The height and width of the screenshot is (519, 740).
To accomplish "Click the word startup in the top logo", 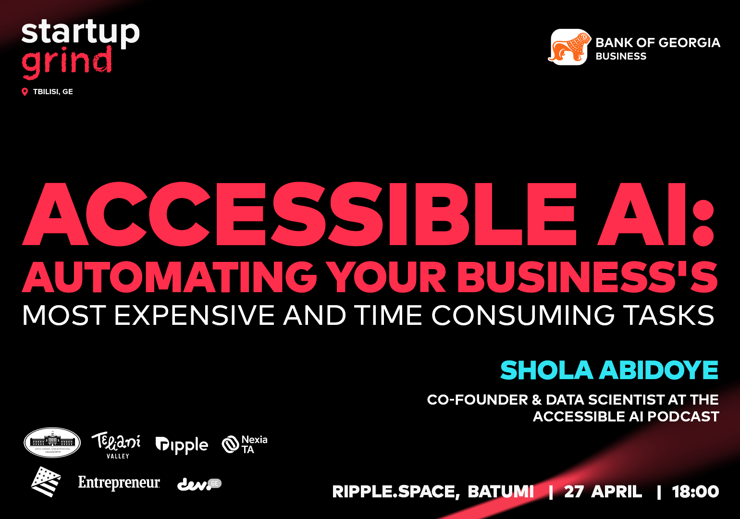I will click(x=80, y=33).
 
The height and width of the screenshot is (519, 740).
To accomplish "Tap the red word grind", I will click(x=67, y=62).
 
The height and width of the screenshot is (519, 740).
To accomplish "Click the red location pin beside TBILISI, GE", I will click(x=25, y=92).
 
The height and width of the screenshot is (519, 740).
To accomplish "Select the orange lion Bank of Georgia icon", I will click(x=569, y=47).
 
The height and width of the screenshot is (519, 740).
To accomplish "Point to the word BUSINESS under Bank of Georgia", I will click(x=621, y=56).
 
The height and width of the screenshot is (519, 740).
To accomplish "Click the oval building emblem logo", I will click(x=52, y=443).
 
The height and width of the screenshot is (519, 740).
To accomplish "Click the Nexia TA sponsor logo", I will click(x=245, y=445).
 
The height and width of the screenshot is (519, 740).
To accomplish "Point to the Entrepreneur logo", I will click(x=119, y=482).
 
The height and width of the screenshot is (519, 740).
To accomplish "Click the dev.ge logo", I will click(x=199, y=484).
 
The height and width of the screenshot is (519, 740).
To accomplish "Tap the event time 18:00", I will click(x=695, y=492).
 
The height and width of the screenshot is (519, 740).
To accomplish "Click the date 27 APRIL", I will click(x=603, y=492).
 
